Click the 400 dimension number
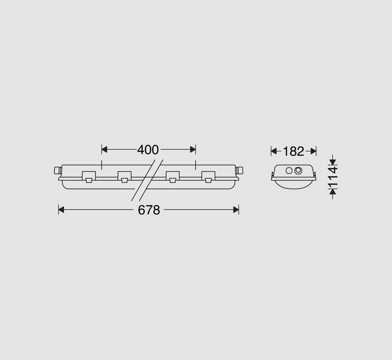click(148, 150)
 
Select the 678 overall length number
click(149, 210)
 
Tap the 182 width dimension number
click(293, 152)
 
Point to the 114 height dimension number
click(333, 178)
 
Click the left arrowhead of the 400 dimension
click(104, 150)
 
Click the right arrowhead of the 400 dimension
click(193, 150)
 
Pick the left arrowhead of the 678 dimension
click(61, 210)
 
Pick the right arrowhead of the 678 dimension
click(236, 210)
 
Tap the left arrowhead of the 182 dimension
click(274, 151)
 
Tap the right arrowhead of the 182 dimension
click(313, 151)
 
